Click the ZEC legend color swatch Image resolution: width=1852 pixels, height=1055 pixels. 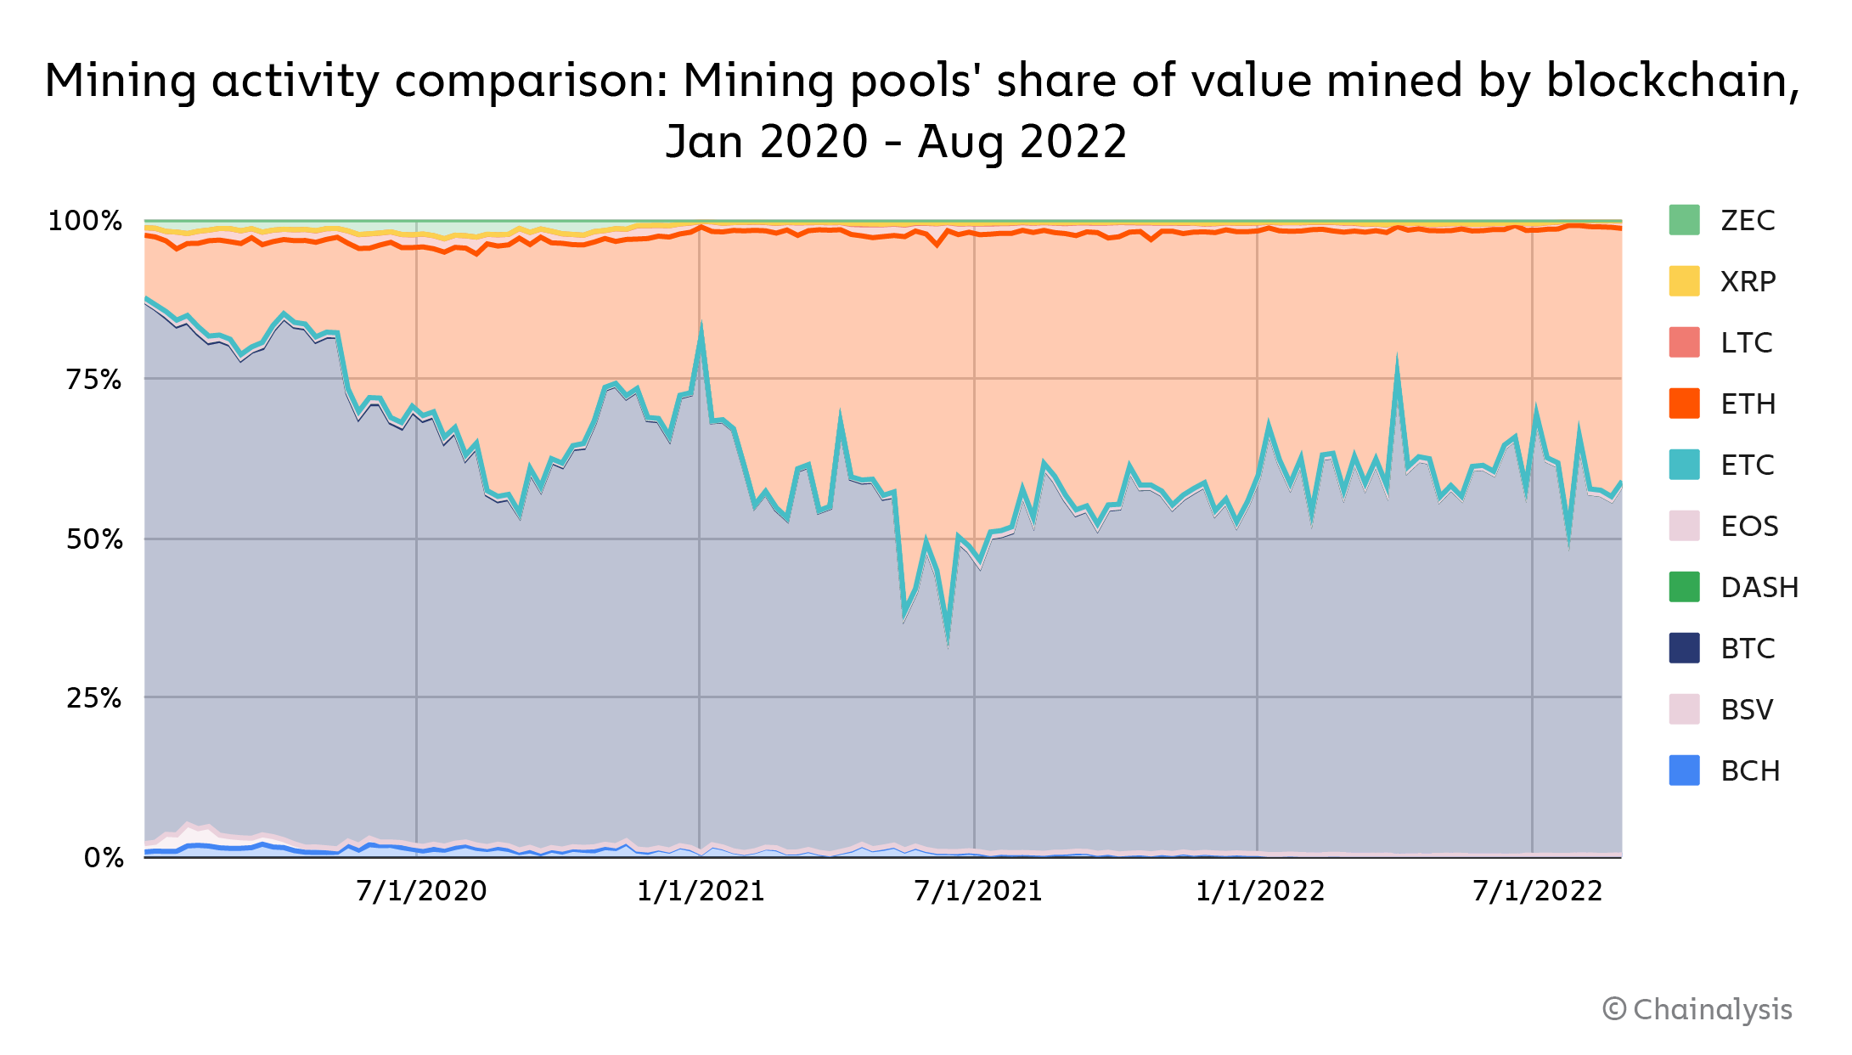coord(1684,220)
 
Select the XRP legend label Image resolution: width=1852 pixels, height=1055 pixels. coord(1748,281)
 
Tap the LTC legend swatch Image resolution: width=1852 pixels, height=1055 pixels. coord(1684,342)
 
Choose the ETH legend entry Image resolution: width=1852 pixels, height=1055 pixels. coord(1748,403)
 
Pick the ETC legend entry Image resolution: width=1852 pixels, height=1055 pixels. coord(1748,465)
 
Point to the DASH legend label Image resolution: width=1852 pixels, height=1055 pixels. coord(1759,587)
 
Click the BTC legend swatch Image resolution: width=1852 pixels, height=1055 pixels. coord(1684,648)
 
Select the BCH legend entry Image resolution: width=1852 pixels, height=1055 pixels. coord(1749,770)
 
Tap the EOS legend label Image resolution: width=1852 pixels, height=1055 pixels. coord(1749,526)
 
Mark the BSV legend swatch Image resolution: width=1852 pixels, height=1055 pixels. coord(1684,709)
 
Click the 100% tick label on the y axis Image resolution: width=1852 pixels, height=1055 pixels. coord(85,221)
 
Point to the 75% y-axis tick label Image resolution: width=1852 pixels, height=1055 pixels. coord(93,379)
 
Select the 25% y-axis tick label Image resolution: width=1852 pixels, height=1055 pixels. coord(93,698)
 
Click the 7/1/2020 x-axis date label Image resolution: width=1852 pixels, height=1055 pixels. coord(421,891)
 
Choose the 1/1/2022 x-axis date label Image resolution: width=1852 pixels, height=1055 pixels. coord(1260,891)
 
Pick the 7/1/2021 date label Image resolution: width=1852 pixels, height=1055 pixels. coord(978,891)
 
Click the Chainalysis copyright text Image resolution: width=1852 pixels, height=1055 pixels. coord(1697,1009)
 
